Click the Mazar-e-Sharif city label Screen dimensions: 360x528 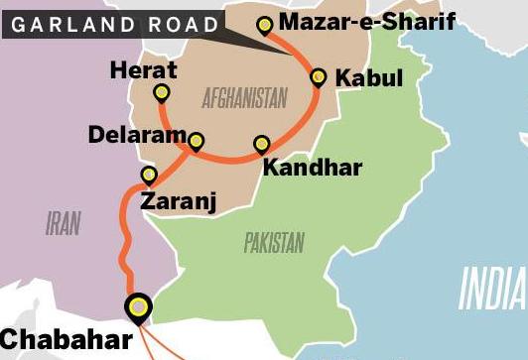pos(367,21)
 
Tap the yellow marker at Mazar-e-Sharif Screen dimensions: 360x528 pos(264,26)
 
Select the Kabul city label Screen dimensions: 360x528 pos(368,77)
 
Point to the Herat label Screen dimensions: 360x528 pos(145,69)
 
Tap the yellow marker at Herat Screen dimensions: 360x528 pos(162,93)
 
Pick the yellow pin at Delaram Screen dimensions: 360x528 pos(196,141)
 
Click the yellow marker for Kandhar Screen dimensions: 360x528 pos(261,144)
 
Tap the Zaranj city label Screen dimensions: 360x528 pos(179,202)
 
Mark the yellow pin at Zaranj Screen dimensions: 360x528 pos(149,176)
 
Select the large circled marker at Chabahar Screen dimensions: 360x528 pos(138,308)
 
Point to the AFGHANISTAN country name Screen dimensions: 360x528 pos(244,97)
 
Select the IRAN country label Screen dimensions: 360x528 pos(63,224)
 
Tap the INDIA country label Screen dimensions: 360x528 pos(490,291)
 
